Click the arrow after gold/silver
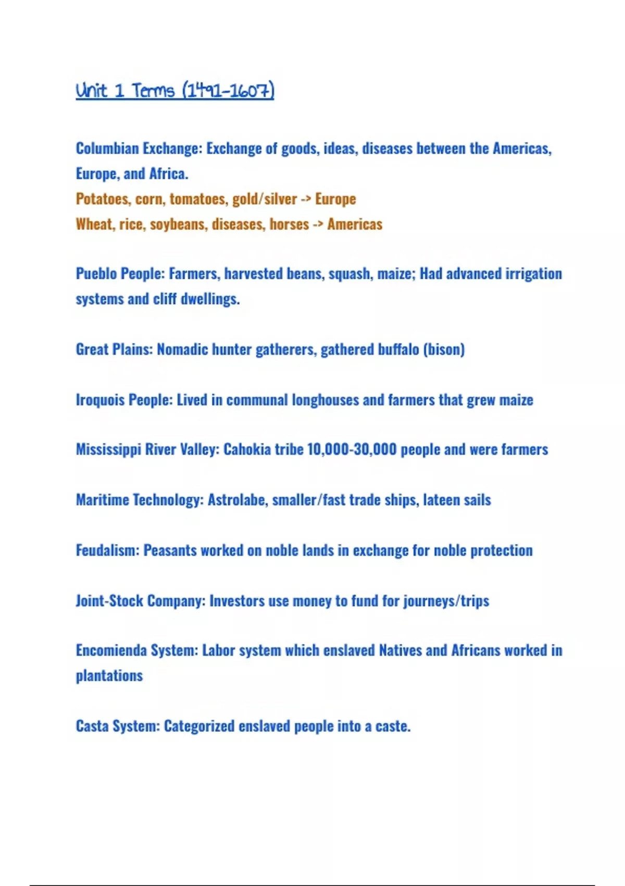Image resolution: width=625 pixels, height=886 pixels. pyautogui.click(x=306, y=199)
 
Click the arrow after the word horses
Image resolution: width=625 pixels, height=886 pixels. pyautogui.click(x=318, y=225)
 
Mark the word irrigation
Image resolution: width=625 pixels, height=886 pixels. pyautogui.click(x=532, y=274)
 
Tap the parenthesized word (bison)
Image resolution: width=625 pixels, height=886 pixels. pyautogui.click(x=444, y=349)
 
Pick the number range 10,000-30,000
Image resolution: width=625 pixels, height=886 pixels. pyautogui.click(x=352, y=449)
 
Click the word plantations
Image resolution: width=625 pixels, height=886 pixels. pyautogui.click(x=109, y=676)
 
